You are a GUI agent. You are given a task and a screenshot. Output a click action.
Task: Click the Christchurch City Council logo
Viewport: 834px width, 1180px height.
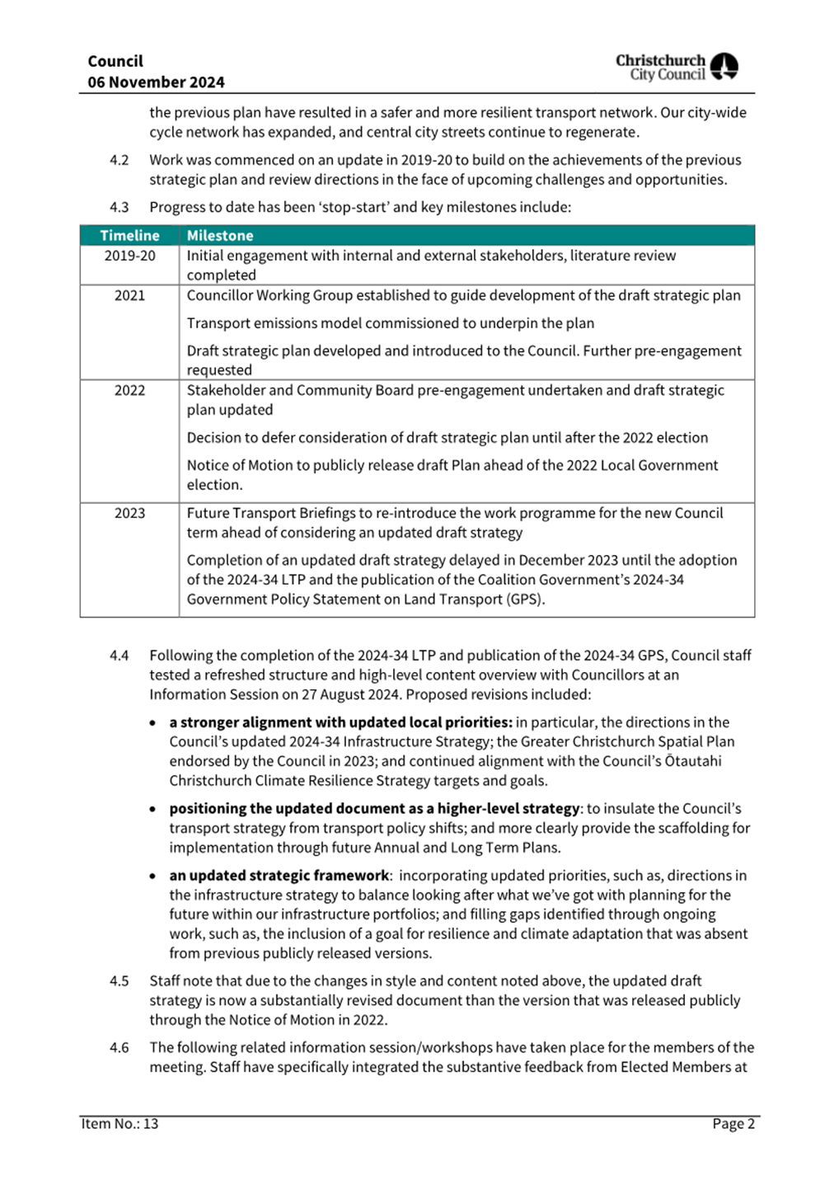pyautogui.click(x=677, y=67)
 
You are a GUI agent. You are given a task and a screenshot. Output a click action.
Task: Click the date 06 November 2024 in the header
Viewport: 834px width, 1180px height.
pyautogui.click(x=156, y=82)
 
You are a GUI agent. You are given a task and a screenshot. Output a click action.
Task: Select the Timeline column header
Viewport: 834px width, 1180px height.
pyautogui.click(x=129, y=236)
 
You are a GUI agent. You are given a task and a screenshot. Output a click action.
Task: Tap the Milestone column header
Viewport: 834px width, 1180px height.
pyautogui.click(x=220, y=236)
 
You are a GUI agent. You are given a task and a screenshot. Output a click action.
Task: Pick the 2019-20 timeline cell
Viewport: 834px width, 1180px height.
pyautogui.click(x=129, y=256)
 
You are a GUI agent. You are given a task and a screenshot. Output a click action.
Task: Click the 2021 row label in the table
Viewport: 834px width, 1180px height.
pyautogui.click(x=129, y=295)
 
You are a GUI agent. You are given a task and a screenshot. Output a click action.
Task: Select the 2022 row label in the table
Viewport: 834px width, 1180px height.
pyautogui.click(x=129, y=390)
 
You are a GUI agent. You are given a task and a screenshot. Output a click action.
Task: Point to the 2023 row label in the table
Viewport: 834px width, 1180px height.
pyautogui.click(x=129, y=513)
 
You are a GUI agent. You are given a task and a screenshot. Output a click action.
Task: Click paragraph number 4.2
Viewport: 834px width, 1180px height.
pyautogui.click(x=119, y=160)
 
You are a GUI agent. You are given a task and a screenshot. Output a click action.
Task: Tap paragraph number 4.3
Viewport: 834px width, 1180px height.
pyautogui.click(x=119, y=207)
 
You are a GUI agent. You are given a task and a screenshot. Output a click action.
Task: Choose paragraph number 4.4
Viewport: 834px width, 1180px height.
pyautogui.click(x=119, y=656)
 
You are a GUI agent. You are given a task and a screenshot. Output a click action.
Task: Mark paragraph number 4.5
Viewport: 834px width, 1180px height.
pyautogui.click(x=119, y=981)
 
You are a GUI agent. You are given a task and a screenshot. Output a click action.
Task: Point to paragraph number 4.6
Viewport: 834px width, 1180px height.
pyautogui.click(x=119, y=1047)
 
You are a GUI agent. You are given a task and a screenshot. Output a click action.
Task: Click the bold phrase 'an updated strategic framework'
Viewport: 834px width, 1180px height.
pyautogui.click(x=279, y=876)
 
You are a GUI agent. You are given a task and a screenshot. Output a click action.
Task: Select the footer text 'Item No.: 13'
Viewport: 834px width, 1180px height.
pyautogui.click(x=119, y=1124)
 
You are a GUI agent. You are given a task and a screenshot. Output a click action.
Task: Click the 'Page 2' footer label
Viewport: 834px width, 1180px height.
pyautogui.click(x=733, y=1124)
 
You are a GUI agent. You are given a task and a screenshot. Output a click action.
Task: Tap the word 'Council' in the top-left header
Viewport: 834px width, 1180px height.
pyautogui.click(x=115, y=62)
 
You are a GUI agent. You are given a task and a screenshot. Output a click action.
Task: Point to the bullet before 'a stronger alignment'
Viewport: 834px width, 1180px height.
pyautogui.click(x=152, y=723)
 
